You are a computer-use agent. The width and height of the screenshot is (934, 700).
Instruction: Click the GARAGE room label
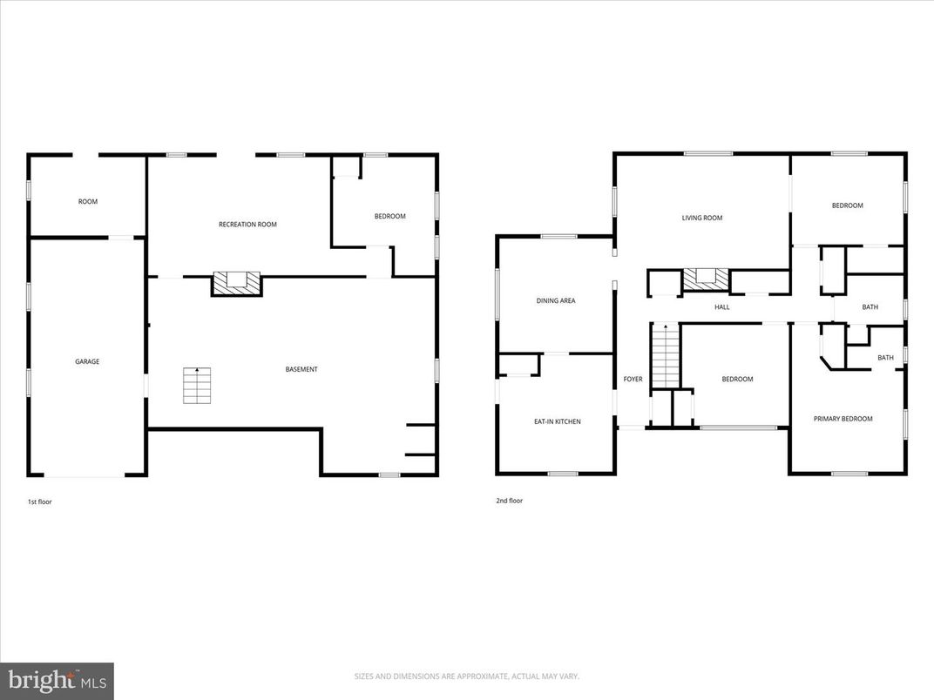(x=87, y=361)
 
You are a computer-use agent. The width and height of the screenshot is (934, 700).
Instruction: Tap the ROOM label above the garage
(x=88, y=202)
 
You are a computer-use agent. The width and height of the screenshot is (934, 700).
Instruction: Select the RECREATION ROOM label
(x=247, y=225)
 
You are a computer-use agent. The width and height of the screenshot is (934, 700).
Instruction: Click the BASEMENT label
(x=301, y=369)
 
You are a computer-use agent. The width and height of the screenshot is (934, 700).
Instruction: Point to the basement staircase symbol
(x=197, y=386)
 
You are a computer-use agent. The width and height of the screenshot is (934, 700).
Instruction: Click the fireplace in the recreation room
(x=237, y=281)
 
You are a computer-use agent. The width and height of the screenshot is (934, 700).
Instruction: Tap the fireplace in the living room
(x=705, y=278)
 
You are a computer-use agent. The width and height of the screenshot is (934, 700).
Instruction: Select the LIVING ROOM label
(x=701, y=218)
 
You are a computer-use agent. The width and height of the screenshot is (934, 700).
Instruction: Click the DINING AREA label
(x=556, y=301)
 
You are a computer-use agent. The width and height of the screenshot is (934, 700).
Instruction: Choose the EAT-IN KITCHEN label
(x=557, y=421)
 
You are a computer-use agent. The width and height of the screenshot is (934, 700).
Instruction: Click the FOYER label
(x=633, y=380)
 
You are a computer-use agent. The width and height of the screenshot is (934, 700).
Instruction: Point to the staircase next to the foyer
(x=665, y=356)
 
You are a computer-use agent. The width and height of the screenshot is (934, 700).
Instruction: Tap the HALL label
(x=722, y=307)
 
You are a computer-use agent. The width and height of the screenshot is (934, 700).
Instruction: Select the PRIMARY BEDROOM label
(x=843, y=419)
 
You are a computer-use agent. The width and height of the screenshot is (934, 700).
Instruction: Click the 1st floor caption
(x=40, y=501)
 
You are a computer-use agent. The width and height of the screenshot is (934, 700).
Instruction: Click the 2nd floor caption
(x=509, y=501)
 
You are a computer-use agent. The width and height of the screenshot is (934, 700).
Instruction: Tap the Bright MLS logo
(x=57, y=680)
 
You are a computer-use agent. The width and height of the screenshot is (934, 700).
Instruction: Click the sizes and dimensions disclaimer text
(x=466, y=676)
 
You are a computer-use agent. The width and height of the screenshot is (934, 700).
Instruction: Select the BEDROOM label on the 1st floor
(x=389, y=217)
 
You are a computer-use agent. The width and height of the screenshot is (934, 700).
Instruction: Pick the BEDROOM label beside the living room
(x=847, y=205)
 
